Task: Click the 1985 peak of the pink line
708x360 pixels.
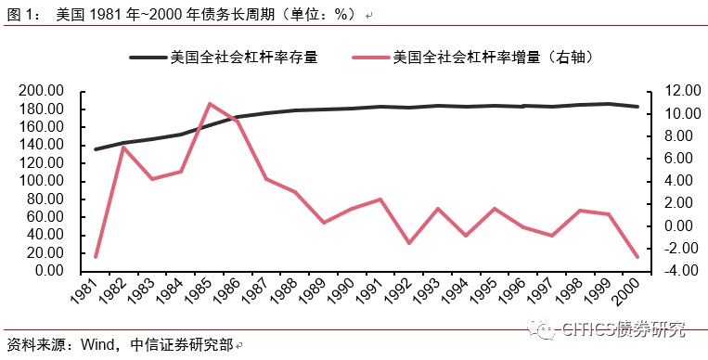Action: [x=210, y=104]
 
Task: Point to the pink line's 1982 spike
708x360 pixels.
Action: [x=124, y=148]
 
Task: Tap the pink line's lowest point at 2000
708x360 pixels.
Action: [x=637, y=257]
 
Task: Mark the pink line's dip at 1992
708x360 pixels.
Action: [x=409, y=243]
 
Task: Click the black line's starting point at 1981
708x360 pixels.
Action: [x=97, y=149]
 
